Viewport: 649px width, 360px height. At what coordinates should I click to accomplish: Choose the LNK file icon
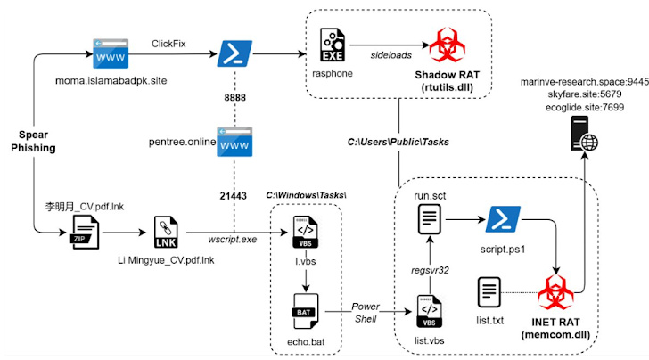(x=166, y=234)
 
